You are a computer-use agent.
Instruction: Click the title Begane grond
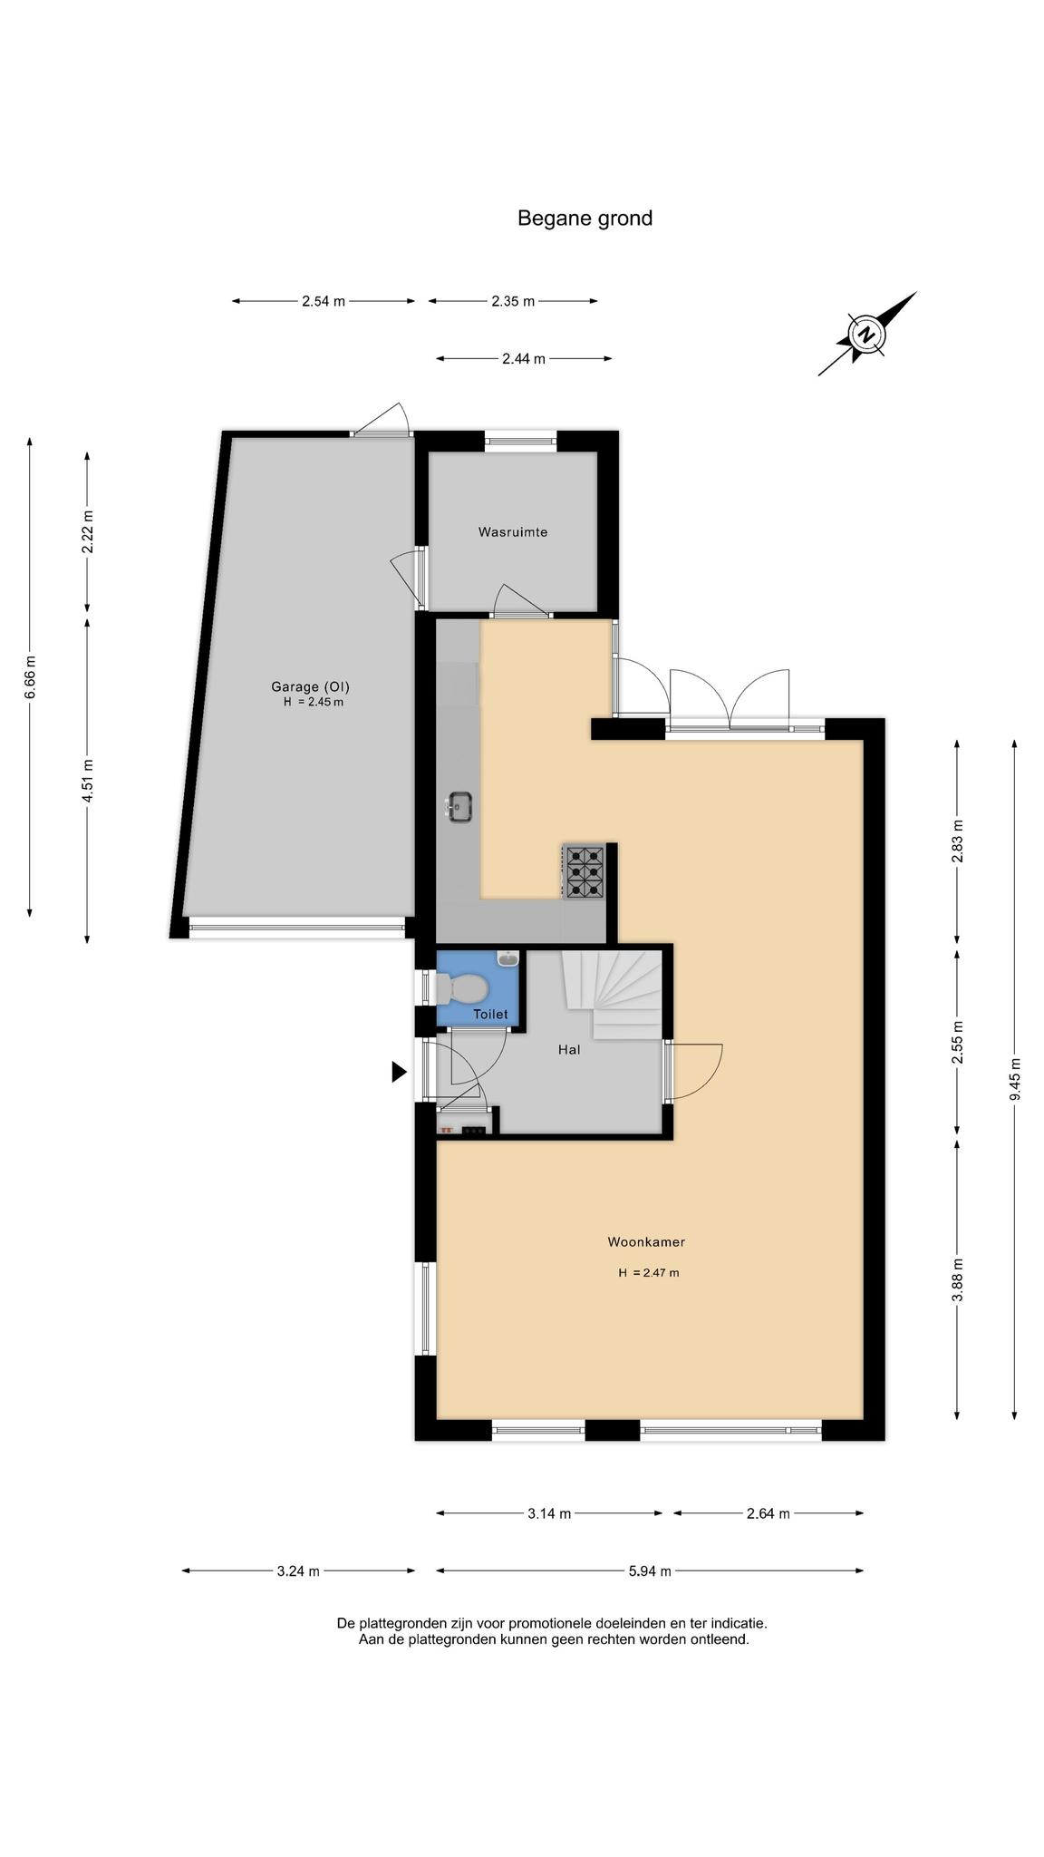pyautogui.click(x=585, y=219)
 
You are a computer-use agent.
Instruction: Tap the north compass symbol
pyautogui.click(x=867, y=334)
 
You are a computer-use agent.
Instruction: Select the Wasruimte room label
pyautogui.click(x=513, y=532)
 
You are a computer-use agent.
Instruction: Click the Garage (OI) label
pyautogui.click(x=310, y=686)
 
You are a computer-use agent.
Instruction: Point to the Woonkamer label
pyautogui.click(x=646, y=1242)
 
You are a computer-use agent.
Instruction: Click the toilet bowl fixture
pyautogui.click(x=459, y=988)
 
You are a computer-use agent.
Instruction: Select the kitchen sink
pyautogui.click(x=459, y=806)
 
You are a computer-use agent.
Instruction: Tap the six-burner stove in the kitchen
pyautogui.click(x=585, y=871)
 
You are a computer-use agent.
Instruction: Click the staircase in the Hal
pyautogui.click(x=613, y=995)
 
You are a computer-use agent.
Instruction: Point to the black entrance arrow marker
pyautogui.click(x=399, y=1072)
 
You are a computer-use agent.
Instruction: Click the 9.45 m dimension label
pyautogui.click(x=1015, y=1079)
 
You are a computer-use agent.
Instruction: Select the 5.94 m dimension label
pyautogui.click(x=650, y=1571)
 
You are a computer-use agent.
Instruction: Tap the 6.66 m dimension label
pyautogui.click(x=30, y=677)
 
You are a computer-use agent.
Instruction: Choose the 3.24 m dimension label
pyautogui.click(x=298, y=1571)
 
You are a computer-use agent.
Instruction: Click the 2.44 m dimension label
pyautogui.click(x=524, y=359)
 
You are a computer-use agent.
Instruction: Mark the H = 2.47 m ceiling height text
pyautogui.click(x=649, y=1273)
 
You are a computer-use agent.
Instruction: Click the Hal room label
pyautogui.click(x=569, y=1050)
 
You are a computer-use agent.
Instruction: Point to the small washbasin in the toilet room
pyautogui.click(x=508, y=957)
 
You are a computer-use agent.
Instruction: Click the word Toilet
pyautogui.click(x=490, y=1015)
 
